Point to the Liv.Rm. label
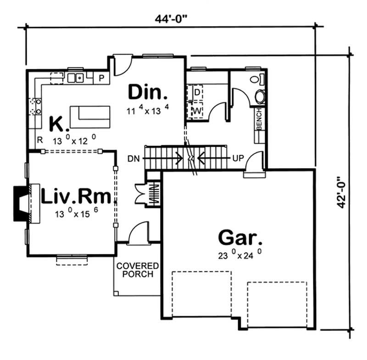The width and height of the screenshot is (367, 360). coord(76,197)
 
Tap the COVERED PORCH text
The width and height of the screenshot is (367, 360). coord(137,270)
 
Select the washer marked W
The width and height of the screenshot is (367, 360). coord(196,111)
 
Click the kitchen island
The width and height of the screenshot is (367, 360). coord(90,117)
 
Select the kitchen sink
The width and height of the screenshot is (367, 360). coord(75,78)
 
